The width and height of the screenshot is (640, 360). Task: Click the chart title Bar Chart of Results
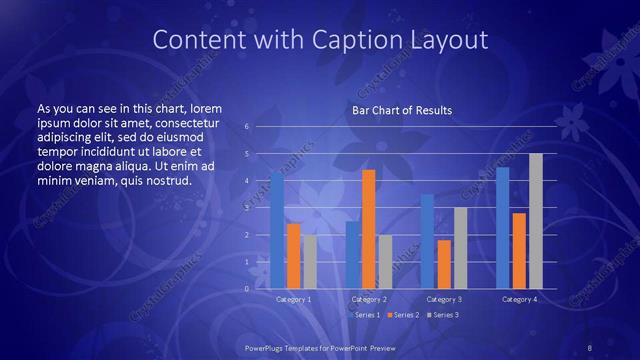click(x=401, y=110)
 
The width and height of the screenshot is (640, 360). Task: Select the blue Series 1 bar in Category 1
click(x=277, y=230)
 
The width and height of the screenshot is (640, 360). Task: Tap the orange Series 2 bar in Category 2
click(x=368, y=229)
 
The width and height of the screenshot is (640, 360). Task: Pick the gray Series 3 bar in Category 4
click(x=535, y=221)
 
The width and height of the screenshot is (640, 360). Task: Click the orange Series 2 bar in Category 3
click(x=444, y=264)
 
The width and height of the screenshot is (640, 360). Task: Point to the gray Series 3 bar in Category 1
click(x=310, y=261)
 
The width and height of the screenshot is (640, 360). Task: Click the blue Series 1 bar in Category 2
click(x=352, y=255)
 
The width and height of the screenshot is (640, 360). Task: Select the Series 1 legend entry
click(x=364, y=315)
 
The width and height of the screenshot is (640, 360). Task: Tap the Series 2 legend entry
click(x=403, y=315)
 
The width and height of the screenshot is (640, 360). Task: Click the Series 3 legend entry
click(x=442, y=315)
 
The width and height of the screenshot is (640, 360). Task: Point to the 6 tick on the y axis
click(x=247, y=127)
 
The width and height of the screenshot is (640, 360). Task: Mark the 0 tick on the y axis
click(x=247, y=289)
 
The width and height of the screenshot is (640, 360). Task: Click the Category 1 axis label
click(x=293, y=299)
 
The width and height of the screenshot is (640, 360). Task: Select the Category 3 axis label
click(x=444, y=299)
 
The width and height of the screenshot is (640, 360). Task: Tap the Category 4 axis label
click(x=518, y=299)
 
